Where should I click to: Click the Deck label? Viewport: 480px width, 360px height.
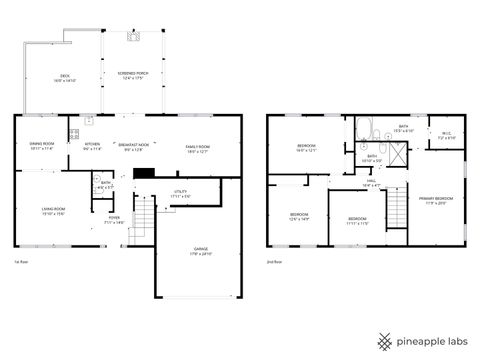[65, 77]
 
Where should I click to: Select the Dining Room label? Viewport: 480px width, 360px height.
[40, 146]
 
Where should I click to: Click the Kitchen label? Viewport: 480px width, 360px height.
[93, 146]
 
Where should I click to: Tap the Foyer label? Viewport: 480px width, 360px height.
[115, 219]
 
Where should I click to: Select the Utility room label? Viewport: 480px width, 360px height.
[180, 195]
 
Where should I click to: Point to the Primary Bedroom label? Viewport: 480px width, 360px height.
[434, 200]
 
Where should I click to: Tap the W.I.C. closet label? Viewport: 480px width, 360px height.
[446, 134]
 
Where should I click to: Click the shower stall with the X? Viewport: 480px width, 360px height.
[398, 155]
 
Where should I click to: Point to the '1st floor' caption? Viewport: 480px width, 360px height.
[20, 262]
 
